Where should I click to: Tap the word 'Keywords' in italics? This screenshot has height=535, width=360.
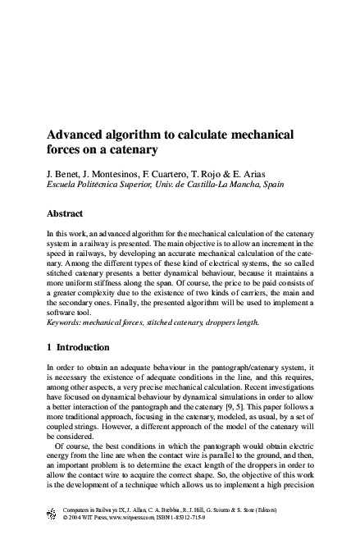(67, 322)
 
